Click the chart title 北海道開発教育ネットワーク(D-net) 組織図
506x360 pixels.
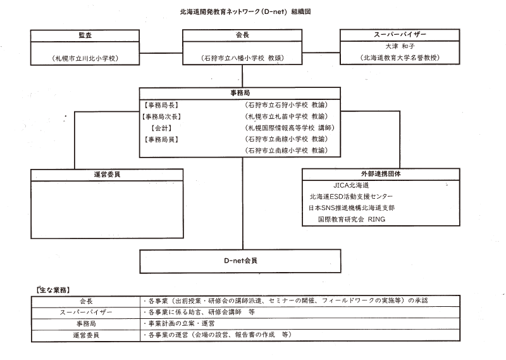click(245, 12)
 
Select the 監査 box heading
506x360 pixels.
click(85, 35)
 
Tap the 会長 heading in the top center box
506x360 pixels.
click(242, 35)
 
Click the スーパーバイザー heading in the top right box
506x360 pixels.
click(400, 35)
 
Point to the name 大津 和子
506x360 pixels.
click(400, 46)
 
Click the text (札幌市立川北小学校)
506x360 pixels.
click(85, 58)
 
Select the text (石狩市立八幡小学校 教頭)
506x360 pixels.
click(242, 58)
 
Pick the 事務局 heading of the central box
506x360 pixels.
click(240, 93)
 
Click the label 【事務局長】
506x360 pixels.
click(161, 105)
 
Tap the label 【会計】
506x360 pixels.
click(161, 128)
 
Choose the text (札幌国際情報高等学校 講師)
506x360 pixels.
click(290, 128)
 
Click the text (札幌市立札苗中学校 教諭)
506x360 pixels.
click(287, 116)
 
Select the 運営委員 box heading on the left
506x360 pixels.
click(107, 175)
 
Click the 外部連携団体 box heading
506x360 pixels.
click(381, 174)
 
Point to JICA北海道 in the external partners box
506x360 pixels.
click(351, 185)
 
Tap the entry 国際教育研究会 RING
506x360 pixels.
click(352, 220)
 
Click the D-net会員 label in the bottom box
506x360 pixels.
click(240, 261)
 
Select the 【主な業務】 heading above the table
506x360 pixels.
click(53, 290)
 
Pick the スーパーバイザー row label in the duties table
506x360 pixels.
click(86, 313)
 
